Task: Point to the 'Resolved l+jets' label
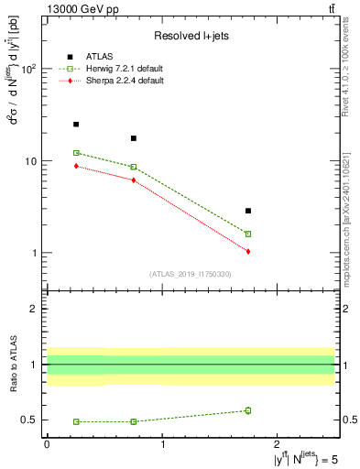[x=189, y=36]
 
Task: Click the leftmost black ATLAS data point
[x=76, y=124]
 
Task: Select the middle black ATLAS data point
[x=134, y=138]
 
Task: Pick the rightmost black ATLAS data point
[x=248, y=211]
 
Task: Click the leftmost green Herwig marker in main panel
[x=76, y=153]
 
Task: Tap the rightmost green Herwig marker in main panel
[x=248, y=234]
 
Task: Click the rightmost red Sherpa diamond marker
[x=248, y=251]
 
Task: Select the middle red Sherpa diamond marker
[x=134, y=180]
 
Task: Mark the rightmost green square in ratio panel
[x=248, y=410]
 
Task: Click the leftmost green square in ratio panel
[x=76, y=421]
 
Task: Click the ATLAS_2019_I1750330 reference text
[x=191, y=274]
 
